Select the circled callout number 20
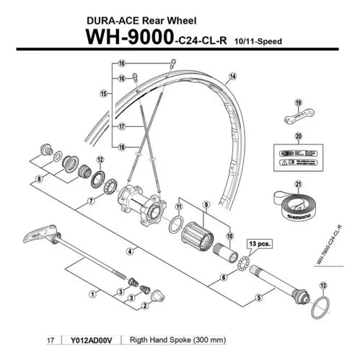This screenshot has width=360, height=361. [x=299, y=136]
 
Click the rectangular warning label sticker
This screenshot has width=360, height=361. [x=298, y=157]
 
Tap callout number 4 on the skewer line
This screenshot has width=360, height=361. [x=127, y=251]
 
